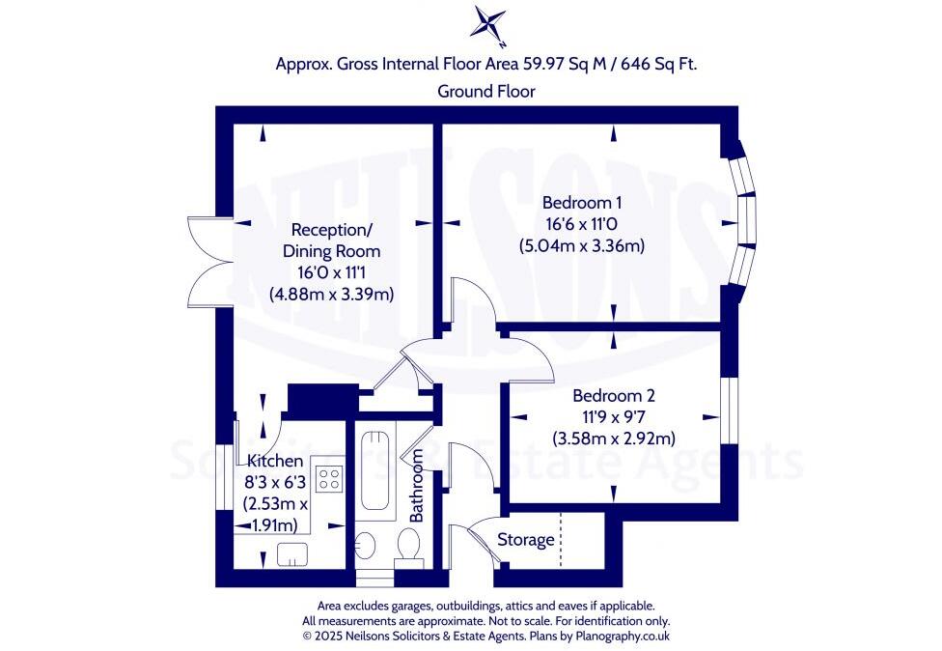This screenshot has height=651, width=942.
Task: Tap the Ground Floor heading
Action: click(x=486, y=91)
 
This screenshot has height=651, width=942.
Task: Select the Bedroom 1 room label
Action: click(x=582, y=203)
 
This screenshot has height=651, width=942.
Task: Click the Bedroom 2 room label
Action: click(x=614, y=396)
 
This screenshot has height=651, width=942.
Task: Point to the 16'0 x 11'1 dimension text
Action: click(x=331, y=273)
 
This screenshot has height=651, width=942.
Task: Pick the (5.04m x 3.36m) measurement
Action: click(x=582, y=245)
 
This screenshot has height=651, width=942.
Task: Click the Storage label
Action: click(x=526, y=540)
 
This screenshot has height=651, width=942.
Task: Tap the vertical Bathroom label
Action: click(x=417, y=486)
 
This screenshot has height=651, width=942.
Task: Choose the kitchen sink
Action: click(x=292, y=553)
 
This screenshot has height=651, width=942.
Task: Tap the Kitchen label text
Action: click(x=275, y=461)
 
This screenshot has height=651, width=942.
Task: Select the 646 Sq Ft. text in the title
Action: click(x=655, y=65)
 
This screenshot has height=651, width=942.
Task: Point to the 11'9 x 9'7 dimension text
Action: click(x=614, y=417)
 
